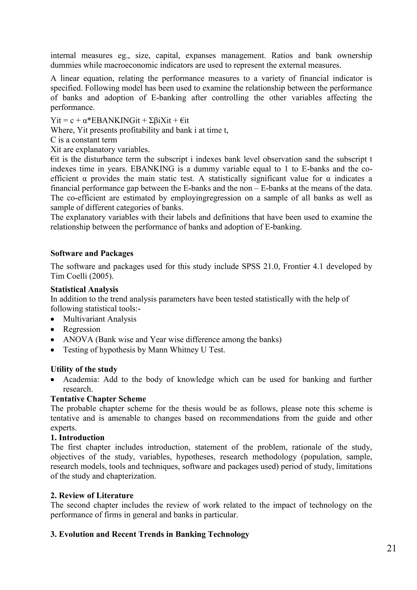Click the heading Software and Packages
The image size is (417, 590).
click(92, 253)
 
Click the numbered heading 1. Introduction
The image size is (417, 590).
click(77, 437)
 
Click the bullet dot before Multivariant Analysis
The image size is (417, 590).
click(53, 319)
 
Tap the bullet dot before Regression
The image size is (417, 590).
click(53, 330)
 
